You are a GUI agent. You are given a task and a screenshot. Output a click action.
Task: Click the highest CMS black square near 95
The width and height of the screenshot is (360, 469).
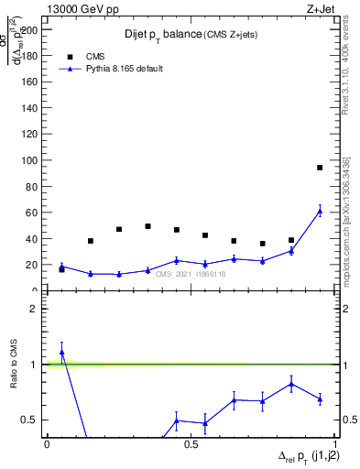320,168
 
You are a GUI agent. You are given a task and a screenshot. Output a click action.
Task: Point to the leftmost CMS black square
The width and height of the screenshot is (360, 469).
61,269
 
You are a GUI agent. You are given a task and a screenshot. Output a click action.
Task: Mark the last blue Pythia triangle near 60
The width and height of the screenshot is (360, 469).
320,211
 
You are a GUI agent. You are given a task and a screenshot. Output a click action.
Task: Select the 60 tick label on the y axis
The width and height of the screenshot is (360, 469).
36,213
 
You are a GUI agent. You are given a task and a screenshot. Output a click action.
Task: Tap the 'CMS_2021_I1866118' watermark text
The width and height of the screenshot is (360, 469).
190,274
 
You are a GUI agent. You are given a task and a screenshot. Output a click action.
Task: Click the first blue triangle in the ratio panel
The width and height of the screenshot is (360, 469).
61,352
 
